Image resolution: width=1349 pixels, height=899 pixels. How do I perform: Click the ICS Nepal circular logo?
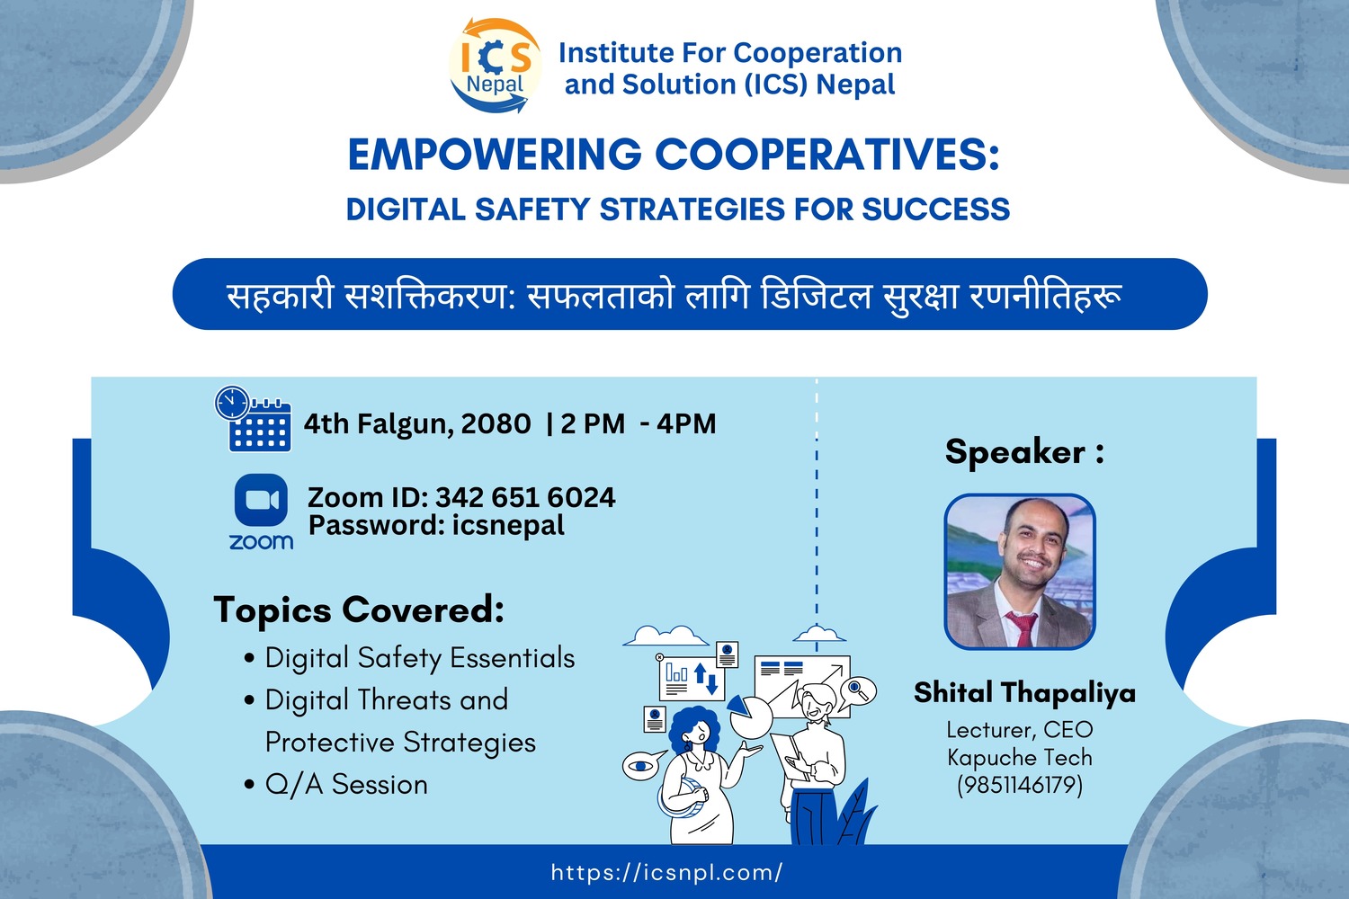click(495, 65)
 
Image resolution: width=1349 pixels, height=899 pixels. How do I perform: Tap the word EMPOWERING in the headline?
click(495, 155)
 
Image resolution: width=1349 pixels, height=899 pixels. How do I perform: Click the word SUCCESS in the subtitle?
click(936, 209)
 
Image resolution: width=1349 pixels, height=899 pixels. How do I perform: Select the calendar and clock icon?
click(253, 419)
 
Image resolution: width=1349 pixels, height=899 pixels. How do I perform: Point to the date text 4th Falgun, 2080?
click(417, 424)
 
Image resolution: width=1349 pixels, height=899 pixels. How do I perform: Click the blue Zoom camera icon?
click(261, 500)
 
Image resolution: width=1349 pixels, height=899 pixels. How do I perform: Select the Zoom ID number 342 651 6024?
click(525, 497)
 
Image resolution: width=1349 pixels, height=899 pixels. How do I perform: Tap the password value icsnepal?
click(508, 525)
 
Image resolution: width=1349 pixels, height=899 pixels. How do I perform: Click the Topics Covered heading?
click(359, 610)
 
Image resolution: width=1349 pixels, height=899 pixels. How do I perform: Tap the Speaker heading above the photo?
click(1024, 451)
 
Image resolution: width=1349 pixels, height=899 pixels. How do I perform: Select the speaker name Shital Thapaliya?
click(1024, 692)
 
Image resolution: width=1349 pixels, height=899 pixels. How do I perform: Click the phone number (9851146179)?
click(1020, 785)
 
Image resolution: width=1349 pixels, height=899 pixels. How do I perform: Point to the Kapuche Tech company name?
click(1020, 757)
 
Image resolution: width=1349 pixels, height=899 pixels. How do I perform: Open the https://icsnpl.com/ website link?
click(666, 873)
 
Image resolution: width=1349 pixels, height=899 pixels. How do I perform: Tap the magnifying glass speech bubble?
click(858, 691)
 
